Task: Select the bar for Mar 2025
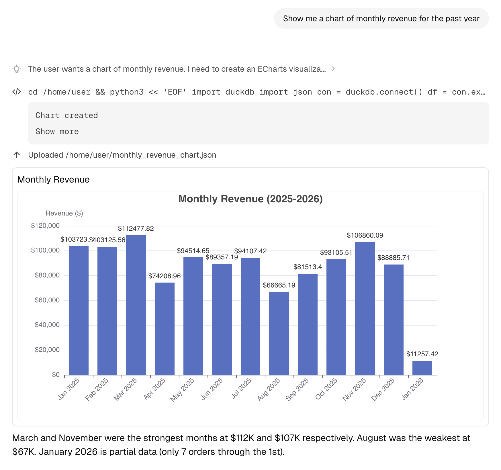136,305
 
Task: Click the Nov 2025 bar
365,308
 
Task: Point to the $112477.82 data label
136,228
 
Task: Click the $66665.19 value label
279,285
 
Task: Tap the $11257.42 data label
422,354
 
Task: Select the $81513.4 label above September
308,267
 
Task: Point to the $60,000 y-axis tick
47,300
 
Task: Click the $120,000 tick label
45,226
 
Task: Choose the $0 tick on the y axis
56,375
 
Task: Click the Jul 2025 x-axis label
241,388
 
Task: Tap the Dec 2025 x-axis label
383,389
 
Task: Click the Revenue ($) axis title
64,213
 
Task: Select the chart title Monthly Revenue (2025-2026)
250,199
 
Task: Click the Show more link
57,132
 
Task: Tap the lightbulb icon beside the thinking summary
17,69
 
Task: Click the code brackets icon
17,92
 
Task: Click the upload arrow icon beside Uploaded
17,155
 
